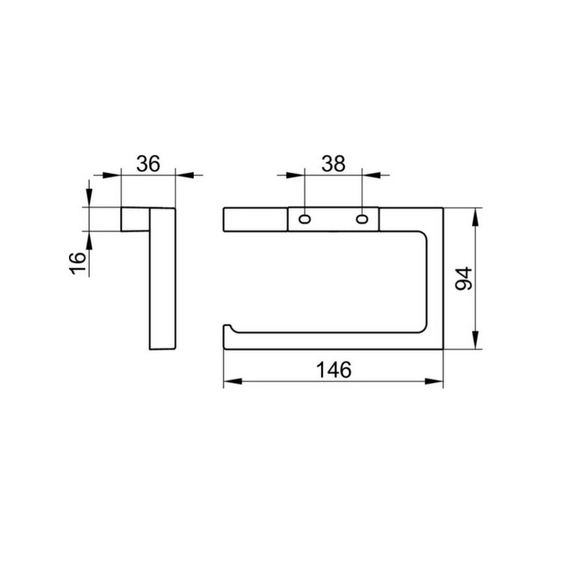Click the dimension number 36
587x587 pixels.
click(x=148, y=164)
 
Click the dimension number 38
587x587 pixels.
click(x=333, y=164)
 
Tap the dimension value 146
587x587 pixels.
click(x=334, y=370)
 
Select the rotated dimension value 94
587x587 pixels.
click(x=464, y=279)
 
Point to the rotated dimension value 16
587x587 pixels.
click(x=78, y=263)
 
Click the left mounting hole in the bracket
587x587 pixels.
click(x=305, y=218)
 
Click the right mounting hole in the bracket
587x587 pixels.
click(x=361, y=218)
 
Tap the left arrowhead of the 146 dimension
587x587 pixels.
click(x=233, y=382)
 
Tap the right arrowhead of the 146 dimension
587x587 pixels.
click(x=434, y=382)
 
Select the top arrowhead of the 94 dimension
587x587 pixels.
click(x=476, y=216)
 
